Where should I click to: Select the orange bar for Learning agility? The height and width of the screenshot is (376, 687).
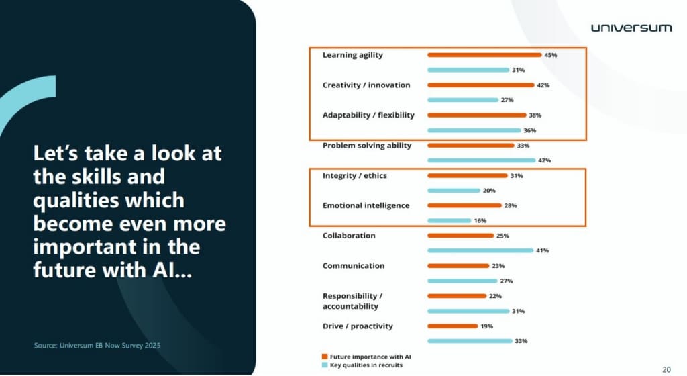tap(484, 55)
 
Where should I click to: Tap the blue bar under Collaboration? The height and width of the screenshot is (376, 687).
tap(480, 250)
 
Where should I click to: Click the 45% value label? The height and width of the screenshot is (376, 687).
tap(551, 55)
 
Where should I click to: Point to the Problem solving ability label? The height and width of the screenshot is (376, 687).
tap(367, 145)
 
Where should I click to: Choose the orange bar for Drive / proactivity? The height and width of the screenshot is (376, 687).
tap(452, 326)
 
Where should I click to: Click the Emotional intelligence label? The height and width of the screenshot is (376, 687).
tap(366, 205)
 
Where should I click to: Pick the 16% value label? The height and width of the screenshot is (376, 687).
tap(480, 220)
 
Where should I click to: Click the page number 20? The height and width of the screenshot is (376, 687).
tap(666, 369)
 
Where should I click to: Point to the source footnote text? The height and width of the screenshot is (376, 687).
tap(97, 346)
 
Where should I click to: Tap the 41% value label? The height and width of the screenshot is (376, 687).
tap(543, 250)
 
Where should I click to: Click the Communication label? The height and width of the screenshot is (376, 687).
tap(354, 265)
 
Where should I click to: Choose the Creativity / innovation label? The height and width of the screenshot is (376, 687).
tap(366, 85)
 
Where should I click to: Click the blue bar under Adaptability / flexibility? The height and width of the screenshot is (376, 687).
tap(474, 130)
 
